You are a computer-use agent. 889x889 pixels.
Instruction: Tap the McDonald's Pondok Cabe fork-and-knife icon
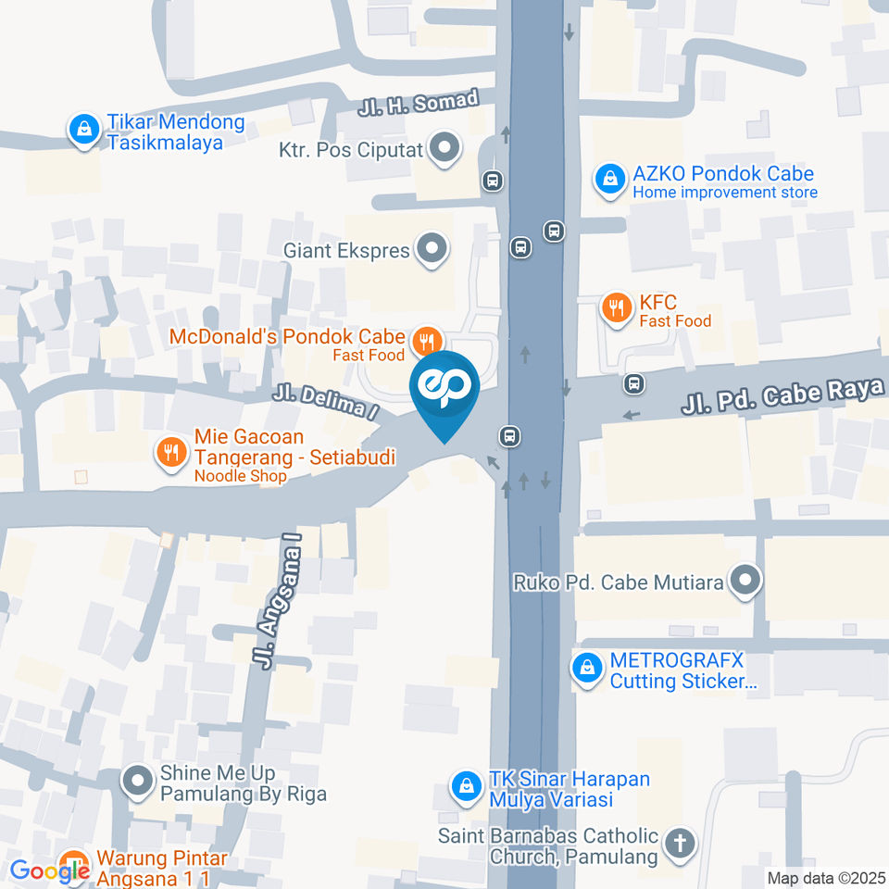click(x=425, y=340)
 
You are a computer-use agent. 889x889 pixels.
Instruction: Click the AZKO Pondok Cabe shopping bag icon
click(x=609, y=181)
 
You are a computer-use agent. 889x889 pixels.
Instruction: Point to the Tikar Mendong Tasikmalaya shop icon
click(x=84, y=130)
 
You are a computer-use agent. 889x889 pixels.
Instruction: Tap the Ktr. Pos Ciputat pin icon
click(x=447, y=149)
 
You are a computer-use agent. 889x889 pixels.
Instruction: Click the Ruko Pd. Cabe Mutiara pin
click(x=745, y=582)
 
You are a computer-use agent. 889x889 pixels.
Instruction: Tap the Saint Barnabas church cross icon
click(x=681, y=845)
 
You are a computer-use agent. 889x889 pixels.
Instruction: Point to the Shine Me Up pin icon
click(x=138, y=783)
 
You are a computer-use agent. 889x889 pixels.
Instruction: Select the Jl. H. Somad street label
click(x=419, y=103)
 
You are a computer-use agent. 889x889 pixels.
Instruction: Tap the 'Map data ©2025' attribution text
click(x=826, y=878)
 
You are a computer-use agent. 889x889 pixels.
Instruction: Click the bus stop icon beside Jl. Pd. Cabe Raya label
click(x=633, y=382)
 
